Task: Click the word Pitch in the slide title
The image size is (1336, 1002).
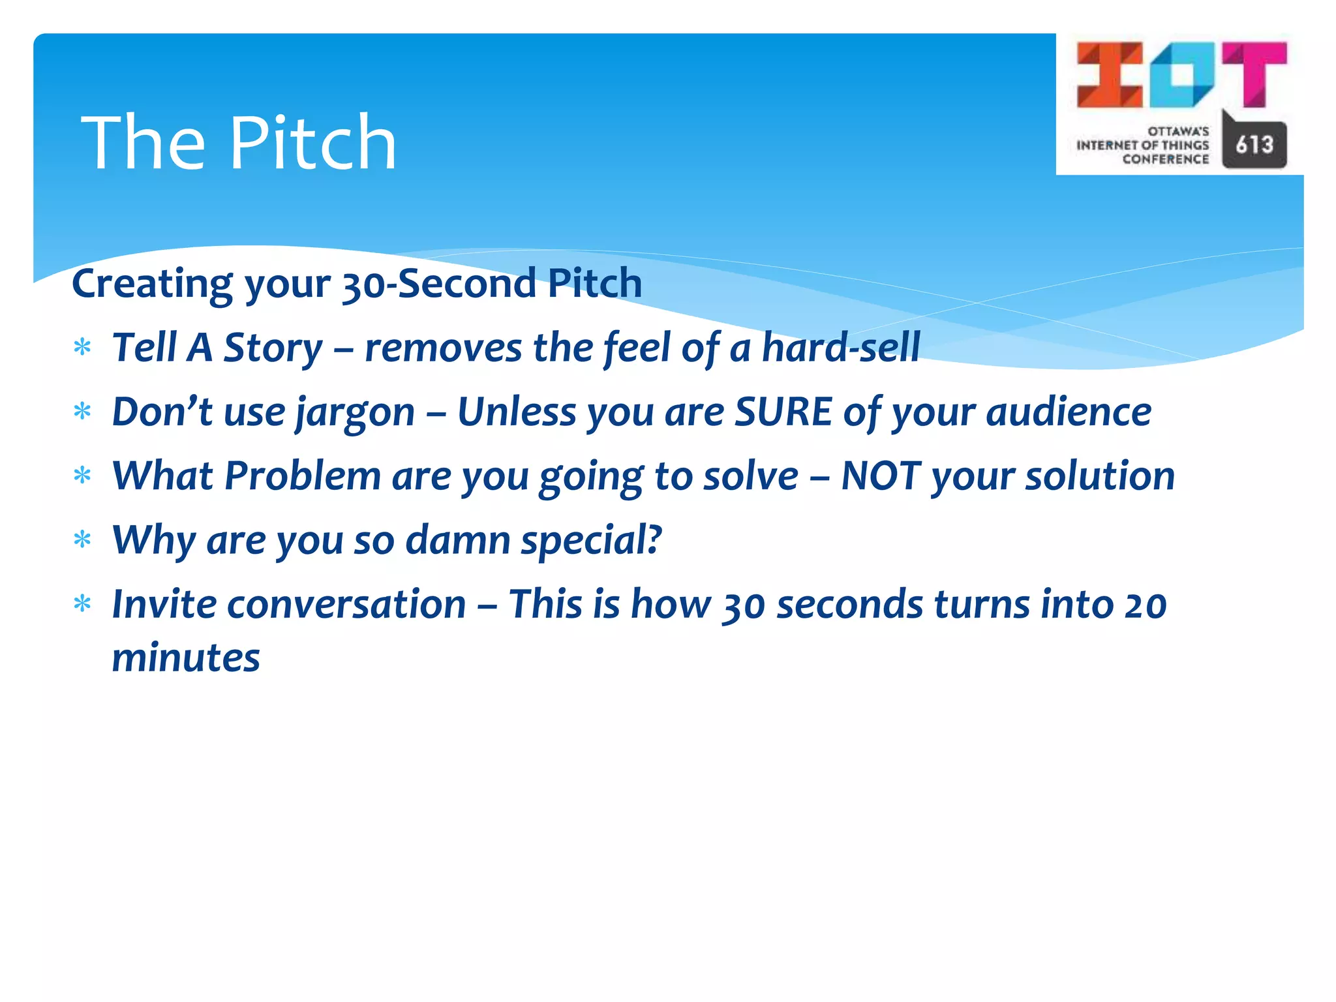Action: click(x=313, y=143)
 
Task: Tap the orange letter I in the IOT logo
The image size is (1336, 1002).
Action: click(x=1109, y=74)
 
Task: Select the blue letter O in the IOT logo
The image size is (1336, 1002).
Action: click(x=1181, y=74)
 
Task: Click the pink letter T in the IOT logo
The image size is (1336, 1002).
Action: click(x=1254, y=73)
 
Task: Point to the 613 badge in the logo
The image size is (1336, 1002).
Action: click(x=1254, y=144)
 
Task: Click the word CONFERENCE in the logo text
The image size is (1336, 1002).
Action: click(x=1166, y=159)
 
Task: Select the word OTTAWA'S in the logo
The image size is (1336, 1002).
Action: click(x=1178, y=131)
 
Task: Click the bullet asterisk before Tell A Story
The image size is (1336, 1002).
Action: click(x=82, y=347)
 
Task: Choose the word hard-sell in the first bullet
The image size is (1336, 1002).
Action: click(x=841, y=347)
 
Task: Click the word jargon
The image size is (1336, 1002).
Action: click(x=356, y=413)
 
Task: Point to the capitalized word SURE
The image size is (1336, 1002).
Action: click(x=783, y=412)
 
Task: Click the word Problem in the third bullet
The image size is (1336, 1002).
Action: click(x=303, y=476)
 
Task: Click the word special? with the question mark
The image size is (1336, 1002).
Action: click(x=591, y=540)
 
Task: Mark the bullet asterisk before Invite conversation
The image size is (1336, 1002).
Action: click(x=82, y=603)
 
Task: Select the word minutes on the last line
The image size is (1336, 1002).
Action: click(x=186, y=657)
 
